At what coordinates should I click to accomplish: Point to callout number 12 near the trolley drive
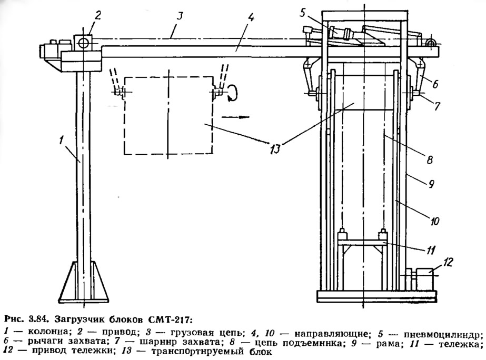coord(448,262)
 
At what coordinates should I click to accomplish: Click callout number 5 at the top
coord(303,13)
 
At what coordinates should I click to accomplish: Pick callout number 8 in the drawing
coord(430,160)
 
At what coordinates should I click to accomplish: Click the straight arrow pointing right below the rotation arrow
coord(235,117)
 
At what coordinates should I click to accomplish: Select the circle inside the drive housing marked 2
coord(83,43)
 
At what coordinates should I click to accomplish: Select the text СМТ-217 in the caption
coord(171,319)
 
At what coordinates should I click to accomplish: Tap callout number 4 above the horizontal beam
coord(251,17)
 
